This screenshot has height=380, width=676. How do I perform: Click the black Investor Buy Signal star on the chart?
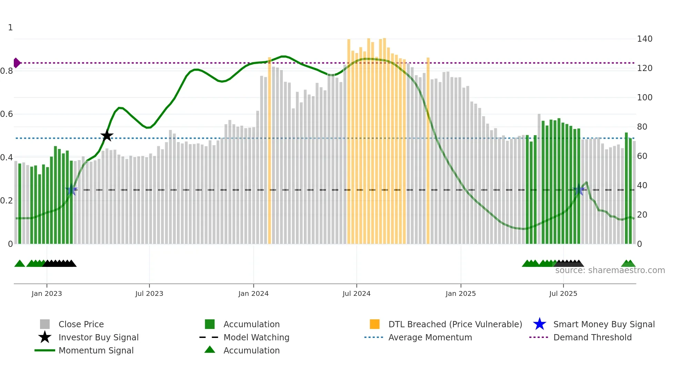point(107,136)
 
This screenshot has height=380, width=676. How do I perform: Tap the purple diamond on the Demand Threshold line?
point(17,63)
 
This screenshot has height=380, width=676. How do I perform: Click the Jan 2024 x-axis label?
point(253,293)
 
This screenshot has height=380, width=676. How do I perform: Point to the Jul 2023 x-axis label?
point(149,293)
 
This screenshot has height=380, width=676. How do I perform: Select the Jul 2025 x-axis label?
point(563,293)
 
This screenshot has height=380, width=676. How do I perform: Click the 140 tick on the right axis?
point(644,39)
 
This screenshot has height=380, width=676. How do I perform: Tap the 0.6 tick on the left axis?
point(7,114)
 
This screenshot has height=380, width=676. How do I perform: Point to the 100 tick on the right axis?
point(644,98)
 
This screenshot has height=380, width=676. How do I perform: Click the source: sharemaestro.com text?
point(610,270)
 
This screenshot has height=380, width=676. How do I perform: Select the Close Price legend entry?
point(81,324)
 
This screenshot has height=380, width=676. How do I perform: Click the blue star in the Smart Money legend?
point(539,324)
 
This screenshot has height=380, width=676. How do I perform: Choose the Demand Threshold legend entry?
point(592,337)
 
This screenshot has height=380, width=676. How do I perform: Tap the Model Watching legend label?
point(256,337)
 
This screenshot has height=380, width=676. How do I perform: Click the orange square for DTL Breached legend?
point(375,324)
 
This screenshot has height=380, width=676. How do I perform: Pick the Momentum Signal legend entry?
point(96,350)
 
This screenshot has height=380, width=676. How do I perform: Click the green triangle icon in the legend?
point(210,350)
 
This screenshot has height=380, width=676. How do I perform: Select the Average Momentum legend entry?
point(430,337)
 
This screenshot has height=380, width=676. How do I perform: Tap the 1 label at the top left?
point(10,28)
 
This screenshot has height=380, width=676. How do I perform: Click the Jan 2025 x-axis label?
point(460,293)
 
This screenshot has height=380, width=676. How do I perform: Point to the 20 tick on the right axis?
point(642,215)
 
